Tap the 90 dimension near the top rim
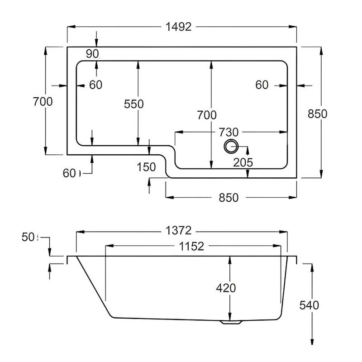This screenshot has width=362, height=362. (x=92, y=53)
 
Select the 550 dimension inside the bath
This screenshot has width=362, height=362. (x=134, y=104)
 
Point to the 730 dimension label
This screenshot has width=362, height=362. (x=228, y=132)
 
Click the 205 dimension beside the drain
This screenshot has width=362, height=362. (x=243, y=162)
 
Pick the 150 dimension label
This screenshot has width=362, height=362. (x=146, y=167)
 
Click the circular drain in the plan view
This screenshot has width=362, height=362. (x=231, y=146)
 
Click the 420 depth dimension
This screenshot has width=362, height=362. (x=227, y=288)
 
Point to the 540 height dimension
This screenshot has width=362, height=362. (x=310, y=305)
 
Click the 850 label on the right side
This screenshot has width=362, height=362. (x=317, y=114)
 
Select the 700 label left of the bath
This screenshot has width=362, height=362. (x=43, y=101)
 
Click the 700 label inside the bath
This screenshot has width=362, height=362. (x=207, y=115)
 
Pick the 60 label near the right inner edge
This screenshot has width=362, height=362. (x=262, y=85)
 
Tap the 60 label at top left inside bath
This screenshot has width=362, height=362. (x=95, y=85)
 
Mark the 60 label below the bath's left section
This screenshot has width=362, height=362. (x=71, y=172)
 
